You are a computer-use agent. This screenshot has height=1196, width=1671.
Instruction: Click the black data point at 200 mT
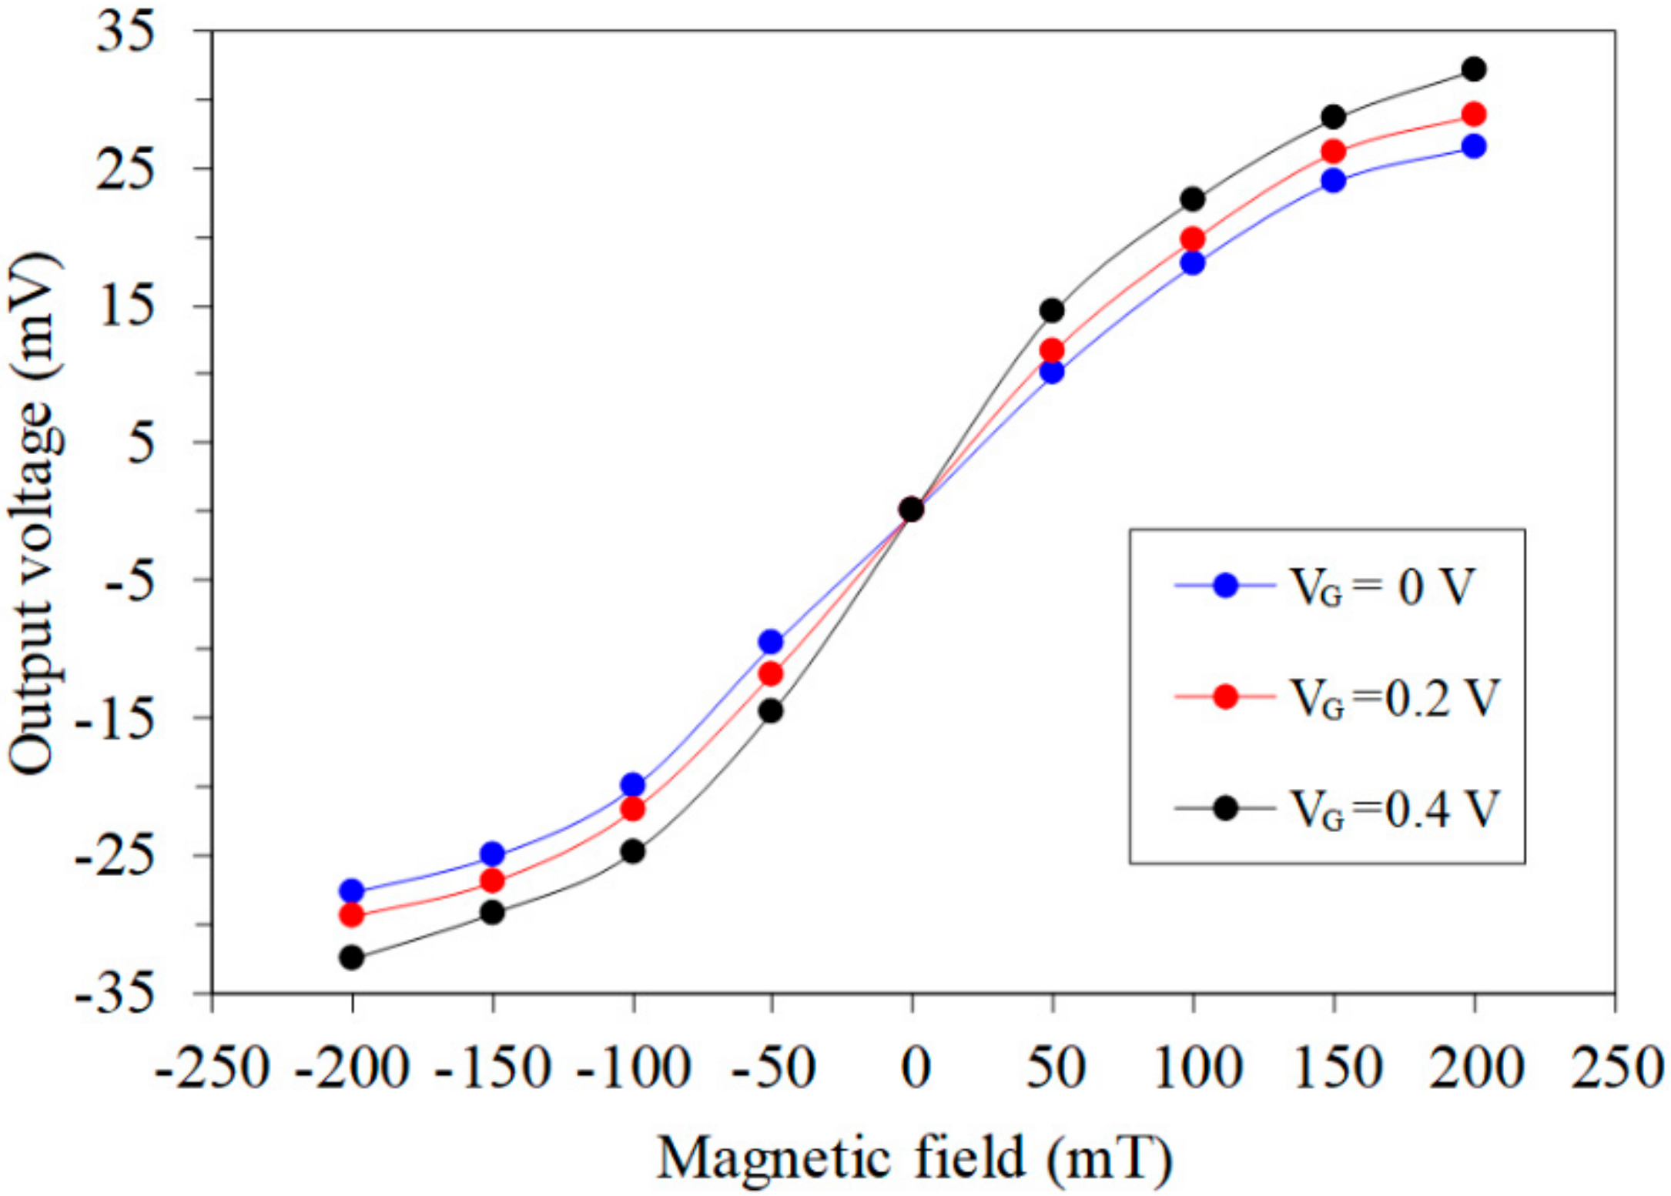[1474, 69]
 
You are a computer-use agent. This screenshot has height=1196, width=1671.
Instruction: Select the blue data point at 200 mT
[1474, 146]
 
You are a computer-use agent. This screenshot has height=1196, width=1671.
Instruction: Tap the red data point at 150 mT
[1334, 152]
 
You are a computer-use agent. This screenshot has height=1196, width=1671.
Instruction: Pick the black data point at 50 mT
[1052, 310]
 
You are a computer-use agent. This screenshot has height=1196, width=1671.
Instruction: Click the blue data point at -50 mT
[771, 641]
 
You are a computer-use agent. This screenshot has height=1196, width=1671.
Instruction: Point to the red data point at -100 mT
[632, 809]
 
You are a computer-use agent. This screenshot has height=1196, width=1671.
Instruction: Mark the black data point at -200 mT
[352, 957]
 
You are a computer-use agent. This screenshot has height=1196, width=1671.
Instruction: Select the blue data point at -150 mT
[492, 854]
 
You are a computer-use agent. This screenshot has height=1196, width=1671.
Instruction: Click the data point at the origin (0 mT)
[912, 509]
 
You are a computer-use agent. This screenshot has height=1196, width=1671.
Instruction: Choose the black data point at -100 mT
[632, 852]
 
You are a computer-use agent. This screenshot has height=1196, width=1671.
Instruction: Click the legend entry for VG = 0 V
[1324, 586]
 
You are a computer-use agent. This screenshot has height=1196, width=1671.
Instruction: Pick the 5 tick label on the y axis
[142, 443]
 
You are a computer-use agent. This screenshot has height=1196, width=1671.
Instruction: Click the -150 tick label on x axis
[493, 1069]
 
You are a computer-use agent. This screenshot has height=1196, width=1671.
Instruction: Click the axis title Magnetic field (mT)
[913, 1158]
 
